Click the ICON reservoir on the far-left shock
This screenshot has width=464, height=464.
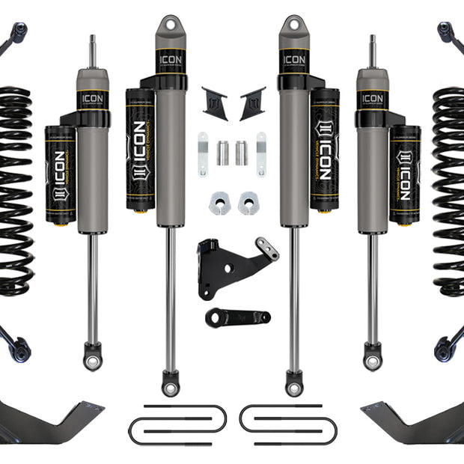(60, 174)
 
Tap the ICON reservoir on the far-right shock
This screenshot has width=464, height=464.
(405, 174)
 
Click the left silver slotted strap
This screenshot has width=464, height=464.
(203, 154)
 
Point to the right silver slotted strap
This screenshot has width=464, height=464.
(260, 154)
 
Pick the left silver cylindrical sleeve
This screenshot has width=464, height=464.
(223, 153)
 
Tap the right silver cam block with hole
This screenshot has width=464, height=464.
(248, 202)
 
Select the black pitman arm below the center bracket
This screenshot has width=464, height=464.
(236, 317)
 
